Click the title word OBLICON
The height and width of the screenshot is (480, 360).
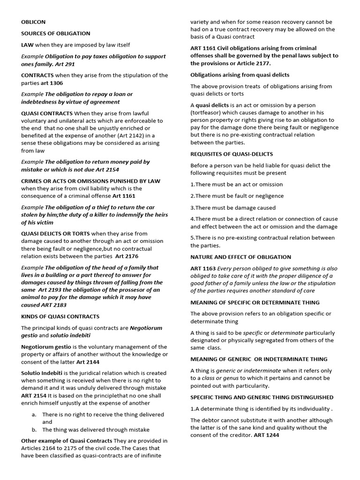(x=33, y=22)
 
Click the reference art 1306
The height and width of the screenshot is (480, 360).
(x=53, y=82)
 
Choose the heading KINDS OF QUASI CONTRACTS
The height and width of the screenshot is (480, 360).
(x=60, y=316)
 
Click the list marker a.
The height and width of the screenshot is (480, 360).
(x=34, y=414)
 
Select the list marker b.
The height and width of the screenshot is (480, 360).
(x=34, y=429)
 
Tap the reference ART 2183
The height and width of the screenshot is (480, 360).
(x=41, y=305)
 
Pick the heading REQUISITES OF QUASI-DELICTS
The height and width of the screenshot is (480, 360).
(x=232, y=154)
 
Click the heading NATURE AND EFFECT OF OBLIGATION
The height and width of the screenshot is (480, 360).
(x=240, y=257)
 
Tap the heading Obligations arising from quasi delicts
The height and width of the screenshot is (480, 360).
(x=240, y=75)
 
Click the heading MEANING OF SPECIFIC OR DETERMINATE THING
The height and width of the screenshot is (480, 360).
(x=255, y=302)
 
